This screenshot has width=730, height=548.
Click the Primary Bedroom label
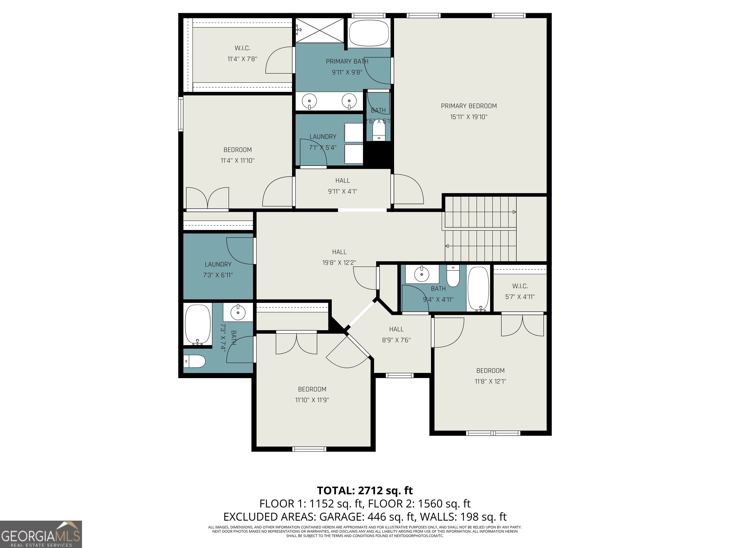pos(469,106)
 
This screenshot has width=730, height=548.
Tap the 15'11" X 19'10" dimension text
pos(469,117)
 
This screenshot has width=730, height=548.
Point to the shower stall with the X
pos(319,31)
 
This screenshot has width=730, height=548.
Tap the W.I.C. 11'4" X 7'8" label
pos(242,54)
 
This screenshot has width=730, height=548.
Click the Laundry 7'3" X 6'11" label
pos(218,269)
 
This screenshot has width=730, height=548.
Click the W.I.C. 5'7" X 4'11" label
pos(520,291)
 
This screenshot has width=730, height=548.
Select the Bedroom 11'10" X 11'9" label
pos(312,394)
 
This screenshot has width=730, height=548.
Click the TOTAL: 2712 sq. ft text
pos(365,490)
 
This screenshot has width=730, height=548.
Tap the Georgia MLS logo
pos(41,534)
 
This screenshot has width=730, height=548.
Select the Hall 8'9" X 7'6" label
pos(396,334)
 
